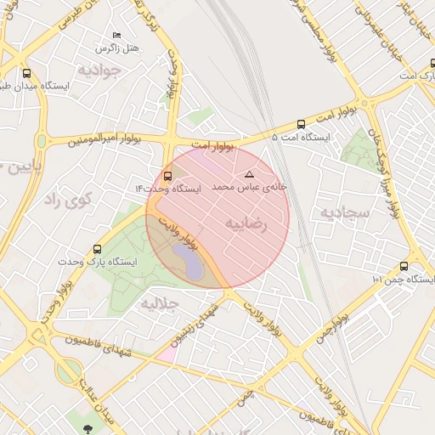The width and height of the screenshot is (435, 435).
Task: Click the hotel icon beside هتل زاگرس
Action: (116, 35)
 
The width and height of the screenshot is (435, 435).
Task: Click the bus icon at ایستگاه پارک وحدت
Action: (97, 250)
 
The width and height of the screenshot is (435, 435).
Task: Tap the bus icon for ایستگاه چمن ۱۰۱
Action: (404, 266)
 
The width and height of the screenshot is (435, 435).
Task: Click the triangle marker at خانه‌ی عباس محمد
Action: (249, 173)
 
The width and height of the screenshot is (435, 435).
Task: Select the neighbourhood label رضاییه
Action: (246, 223)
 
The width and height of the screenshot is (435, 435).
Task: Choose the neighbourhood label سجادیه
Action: (344, 211)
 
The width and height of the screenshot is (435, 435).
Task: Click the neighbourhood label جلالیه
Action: (160, 303)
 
